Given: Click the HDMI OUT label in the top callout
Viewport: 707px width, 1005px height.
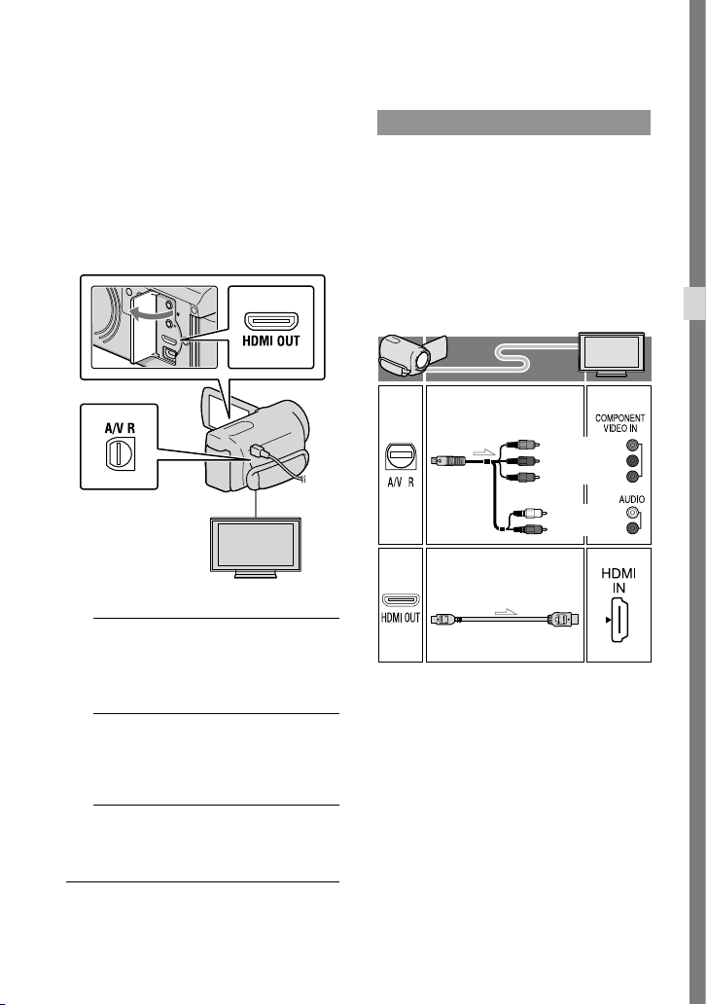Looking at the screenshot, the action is click(271, 341).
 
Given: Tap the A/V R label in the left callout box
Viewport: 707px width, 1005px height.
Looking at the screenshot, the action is click(120, 427).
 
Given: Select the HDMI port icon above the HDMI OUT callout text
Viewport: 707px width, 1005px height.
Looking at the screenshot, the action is click(271, 320).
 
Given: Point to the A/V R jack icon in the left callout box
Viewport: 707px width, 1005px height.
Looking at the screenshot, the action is click(120, 453).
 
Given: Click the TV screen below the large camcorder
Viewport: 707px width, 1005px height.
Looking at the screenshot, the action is click(256, 544).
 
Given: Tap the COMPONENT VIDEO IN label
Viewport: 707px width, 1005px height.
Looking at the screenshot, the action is click(619, 423).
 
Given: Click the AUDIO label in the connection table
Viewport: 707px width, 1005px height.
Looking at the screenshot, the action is click(631, 499).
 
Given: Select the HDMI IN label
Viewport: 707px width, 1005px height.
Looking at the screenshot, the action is click(619, 580).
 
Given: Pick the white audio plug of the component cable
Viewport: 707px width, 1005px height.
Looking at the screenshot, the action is click(532, 513).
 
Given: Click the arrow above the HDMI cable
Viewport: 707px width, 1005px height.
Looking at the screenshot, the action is click(506, 611).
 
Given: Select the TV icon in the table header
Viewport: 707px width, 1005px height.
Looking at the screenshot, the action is click(611, 353).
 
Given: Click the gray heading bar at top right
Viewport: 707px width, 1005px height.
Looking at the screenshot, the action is click(513, 123).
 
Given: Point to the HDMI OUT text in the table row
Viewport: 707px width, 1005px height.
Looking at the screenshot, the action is click(401, 618).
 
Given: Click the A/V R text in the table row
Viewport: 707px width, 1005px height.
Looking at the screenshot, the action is click(401, 482).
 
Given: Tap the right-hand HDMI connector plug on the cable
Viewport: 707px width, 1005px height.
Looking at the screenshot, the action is click(563, 619).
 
